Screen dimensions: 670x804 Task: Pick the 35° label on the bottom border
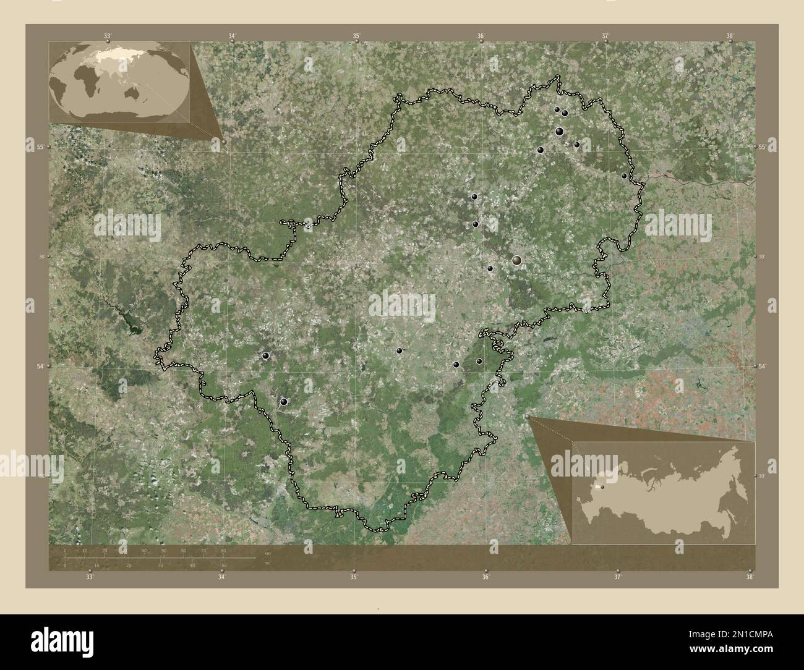click(354, 577)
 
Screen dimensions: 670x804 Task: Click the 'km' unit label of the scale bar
click(267, 553)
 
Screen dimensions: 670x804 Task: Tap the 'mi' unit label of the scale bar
click(267, 563)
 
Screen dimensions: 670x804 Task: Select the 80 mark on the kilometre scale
click(223, 550)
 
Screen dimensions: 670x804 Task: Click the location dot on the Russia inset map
click(599, 486)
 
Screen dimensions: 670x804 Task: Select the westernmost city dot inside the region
click(266, 355)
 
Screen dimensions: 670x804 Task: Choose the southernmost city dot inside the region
click(283, 402)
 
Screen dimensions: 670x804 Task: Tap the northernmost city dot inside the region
click(557, 109)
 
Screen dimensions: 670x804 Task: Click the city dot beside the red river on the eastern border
click(624, 176)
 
